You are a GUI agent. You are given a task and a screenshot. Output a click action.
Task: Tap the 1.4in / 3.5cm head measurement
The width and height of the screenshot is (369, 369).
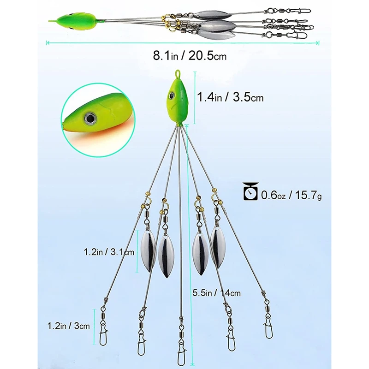point(230,97)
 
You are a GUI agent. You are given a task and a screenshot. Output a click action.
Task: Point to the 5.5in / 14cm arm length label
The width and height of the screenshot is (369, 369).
point(216,292)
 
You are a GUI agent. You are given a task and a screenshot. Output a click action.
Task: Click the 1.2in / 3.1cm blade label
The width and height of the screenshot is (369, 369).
point(109,252)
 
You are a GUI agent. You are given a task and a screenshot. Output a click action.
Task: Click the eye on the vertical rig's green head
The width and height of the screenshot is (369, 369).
point(171,95)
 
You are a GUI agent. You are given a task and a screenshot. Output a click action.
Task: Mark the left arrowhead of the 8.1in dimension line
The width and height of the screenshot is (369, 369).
point(48,43)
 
